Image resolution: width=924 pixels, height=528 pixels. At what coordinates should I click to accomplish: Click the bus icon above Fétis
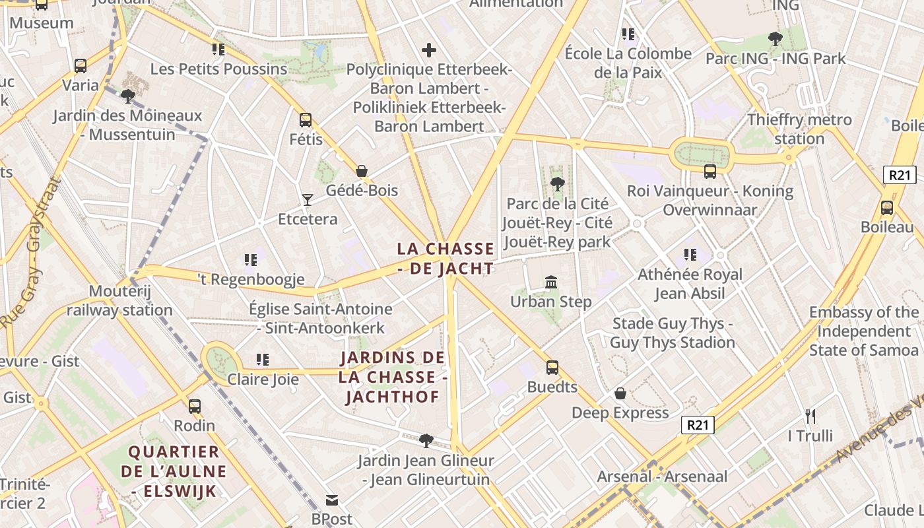tap(305, 120)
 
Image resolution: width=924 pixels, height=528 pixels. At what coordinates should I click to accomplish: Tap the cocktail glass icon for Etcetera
tap(307, 199)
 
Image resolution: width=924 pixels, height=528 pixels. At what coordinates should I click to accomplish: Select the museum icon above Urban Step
tap(551, 282)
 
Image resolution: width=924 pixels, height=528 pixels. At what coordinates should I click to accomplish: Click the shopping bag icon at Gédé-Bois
tap(362, 171)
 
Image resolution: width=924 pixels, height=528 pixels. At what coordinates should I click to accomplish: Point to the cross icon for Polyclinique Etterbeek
tap(429, 49)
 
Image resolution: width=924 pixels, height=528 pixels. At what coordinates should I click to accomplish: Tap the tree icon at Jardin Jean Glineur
tap(426, 440)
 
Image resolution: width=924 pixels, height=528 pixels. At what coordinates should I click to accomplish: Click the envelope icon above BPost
tap(331, 500)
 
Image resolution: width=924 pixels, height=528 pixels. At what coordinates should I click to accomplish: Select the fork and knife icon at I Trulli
tap(810, 416)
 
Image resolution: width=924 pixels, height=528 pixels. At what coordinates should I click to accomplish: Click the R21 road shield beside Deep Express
tap(698, 424)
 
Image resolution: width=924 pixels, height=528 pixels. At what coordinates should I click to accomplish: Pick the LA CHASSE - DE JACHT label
tap(445, 259)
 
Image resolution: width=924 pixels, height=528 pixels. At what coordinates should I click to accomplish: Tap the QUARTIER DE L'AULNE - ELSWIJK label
tap(174, 471)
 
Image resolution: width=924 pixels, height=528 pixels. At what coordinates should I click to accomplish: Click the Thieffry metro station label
tap(799, 129)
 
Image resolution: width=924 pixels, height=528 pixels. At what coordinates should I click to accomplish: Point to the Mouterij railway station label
tap(119, 301)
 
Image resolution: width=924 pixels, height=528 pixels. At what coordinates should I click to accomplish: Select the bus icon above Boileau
tap(887, 208)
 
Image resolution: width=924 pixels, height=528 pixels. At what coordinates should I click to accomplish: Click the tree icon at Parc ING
tap(775, 39)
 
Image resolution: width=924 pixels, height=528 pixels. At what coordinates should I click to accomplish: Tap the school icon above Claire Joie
tap(263, 360)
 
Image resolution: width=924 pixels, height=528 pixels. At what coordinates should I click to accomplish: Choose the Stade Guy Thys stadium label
tap(672, 333)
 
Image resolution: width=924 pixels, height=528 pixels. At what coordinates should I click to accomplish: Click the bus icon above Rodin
tap(194, 407)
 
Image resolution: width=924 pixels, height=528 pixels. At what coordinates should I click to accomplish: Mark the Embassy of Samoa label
tap(863, 331)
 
